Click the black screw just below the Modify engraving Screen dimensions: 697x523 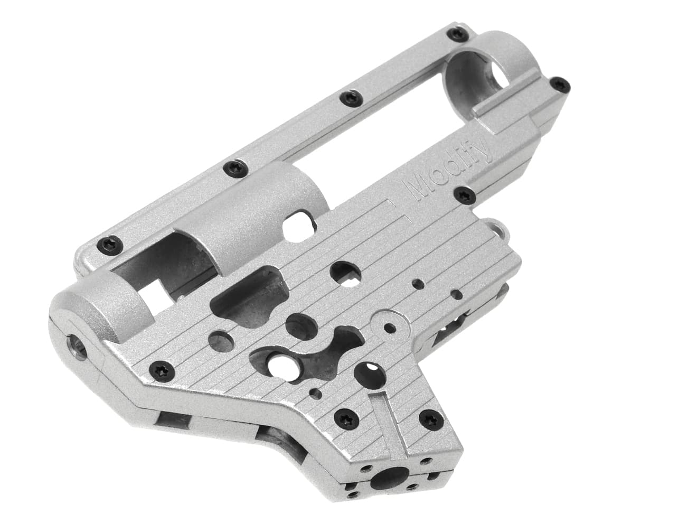click(x=464, y=194)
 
